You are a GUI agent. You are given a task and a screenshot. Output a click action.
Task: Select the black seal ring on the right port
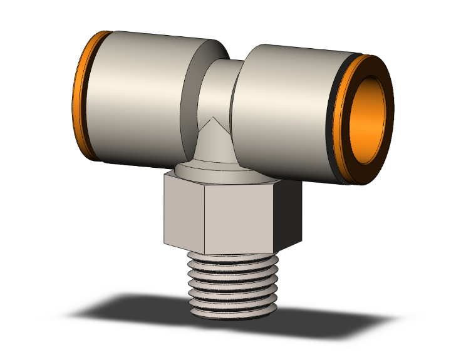[342, 119]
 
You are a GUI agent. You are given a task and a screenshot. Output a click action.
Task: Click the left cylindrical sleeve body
[138, 100]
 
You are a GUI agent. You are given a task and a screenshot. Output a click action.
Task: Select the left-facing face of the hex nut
[182, 210]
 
